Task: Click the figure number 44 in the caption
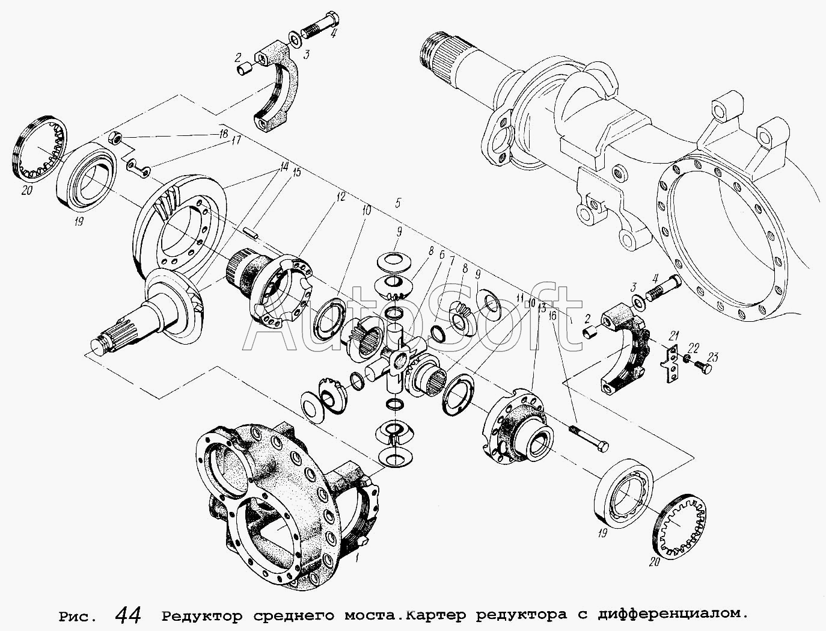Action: coord(128,616)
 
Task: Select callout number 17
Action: coord(236,141)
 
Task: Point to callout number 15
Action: coord(296,173)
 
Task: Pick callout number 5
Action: coord(398,203)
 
